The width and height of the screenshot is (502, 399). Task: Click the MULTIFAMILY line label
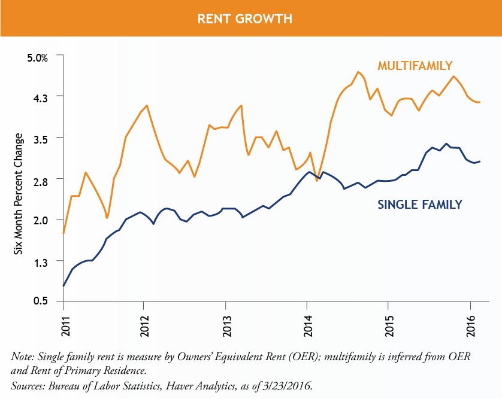(414, 65)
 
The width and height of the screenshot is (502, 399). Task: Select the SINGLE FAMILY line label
(420, 205)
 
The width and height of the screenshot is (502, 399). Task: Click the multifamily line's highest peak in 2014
(358, 72)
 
